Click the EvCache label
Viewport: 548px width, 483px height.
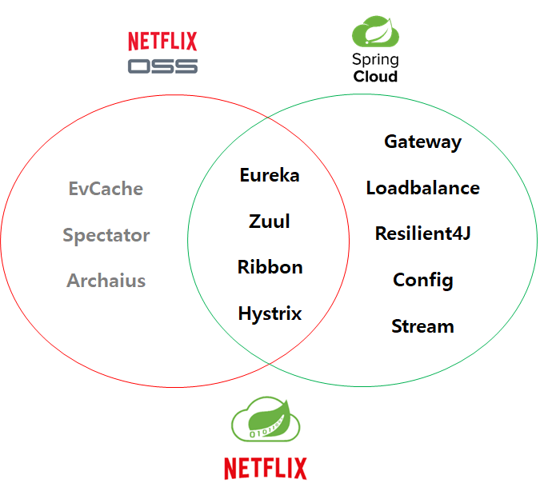pos(106,189)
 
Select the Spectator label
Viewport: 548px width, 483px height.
pos(106,235)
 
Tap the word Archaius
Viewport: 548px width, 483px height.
pos(106,281)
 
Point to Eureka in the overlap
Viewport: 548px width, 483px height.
pos(270,175)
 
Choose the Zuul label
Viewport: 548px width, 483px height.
pos(270,221)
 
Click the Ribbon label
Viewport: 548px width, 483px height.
pos(270,267)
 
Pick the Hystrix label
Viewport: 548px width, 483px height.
pos(270,313)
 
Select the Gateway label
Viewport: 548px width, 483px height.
pos(422,142)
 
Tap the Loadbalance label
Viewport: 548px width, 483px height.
pos(422,188)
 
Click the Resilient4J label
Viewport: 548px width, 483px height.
pos(422,234)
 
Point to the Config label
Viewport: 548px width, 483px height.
pos(422,281)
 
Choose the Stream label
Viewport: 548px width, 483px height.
pos(422,326)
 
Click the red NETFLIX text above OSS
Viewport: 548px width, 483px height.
pos(162,41)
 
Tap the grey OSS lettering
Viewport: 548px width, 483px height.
pos(162,66)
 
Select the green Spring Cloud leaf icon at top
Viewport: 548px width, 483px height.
pos(376,32)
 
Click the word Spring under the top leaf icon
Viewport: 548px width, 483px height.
pos(375,60)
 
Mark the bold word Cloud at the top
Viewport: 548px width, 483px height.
pos(375,77)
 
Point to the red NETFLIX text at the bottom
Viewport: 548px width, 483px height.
pos(265,467)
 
